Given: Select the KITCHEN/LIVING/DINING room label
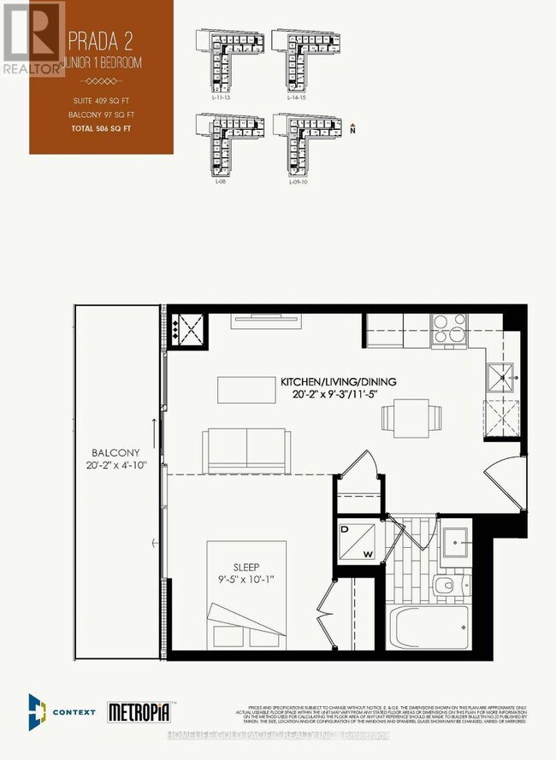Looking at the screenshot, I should tap(337, 382).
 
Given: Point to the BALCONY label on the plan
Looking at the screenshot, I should tap(116, 453).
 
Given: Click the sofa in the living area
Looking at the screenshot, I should tap(248, 447).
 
